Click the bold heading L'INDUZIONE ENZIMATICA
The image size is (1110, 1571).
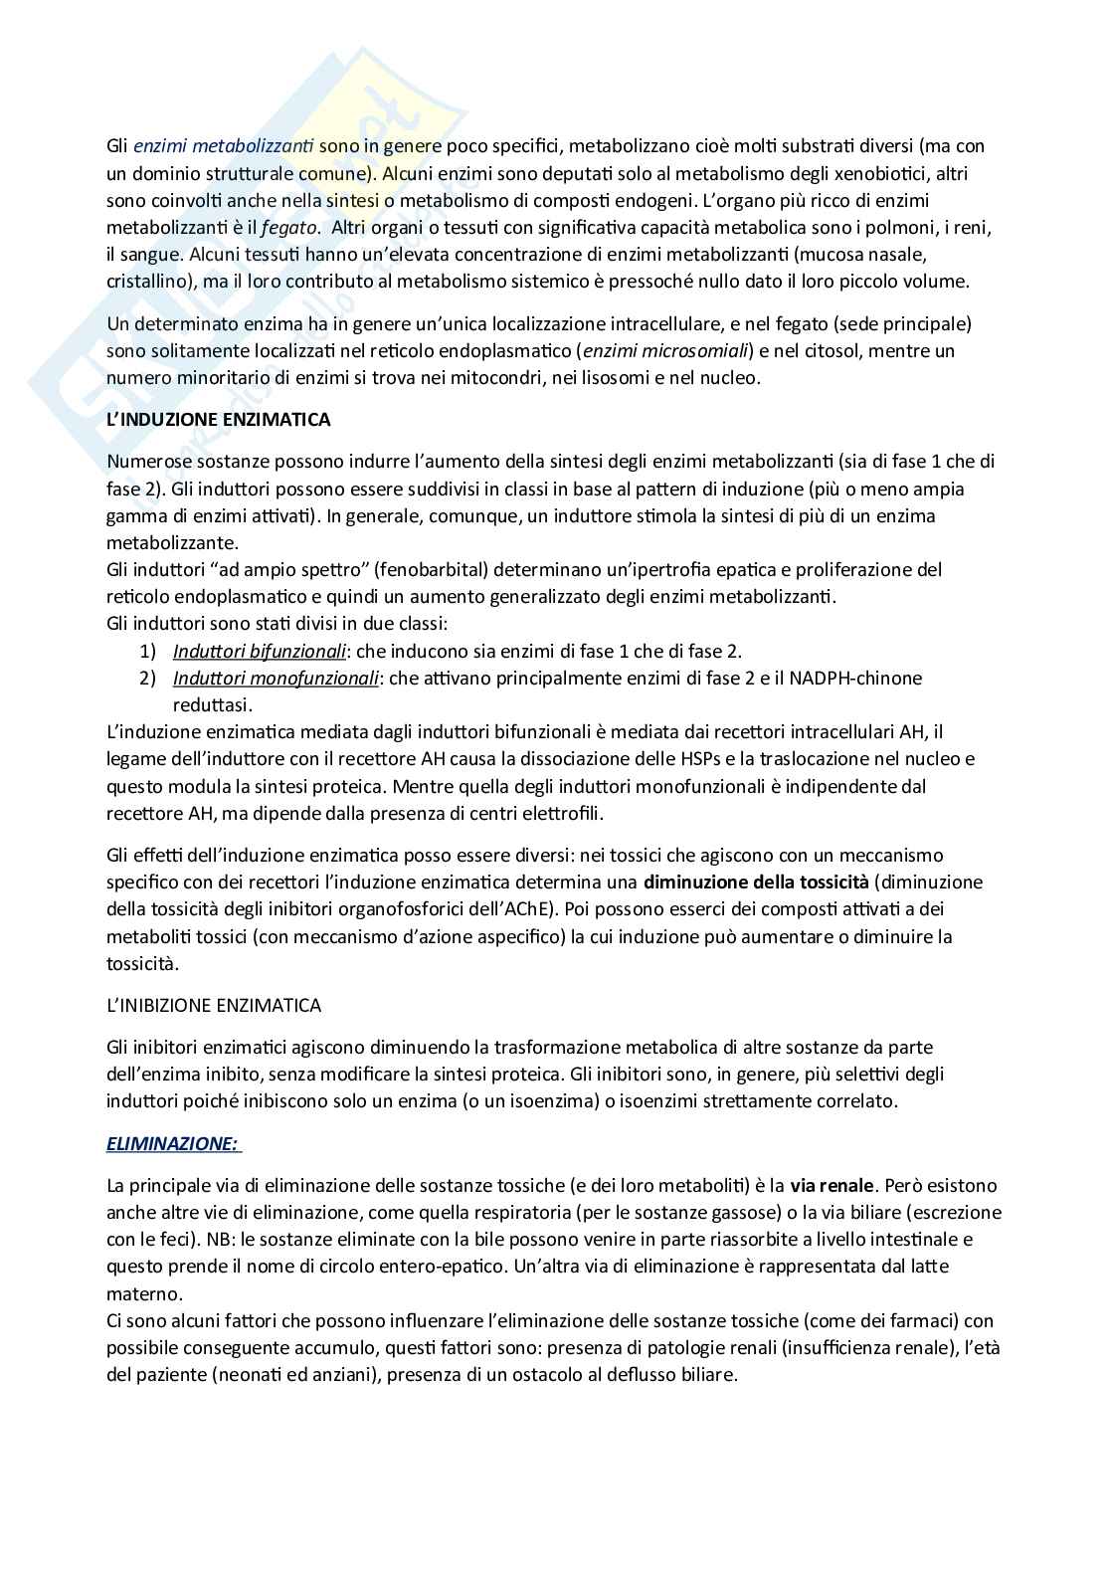click(x=218, y=420)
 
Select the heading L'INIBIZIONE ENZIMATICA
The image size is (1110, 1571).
click(x=213, y=1005)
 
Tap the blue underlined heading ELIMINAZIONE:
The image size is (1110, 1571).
click(x=173, y=1144)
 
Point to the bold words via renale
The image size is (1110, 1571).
click(x=832, y=1186)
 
